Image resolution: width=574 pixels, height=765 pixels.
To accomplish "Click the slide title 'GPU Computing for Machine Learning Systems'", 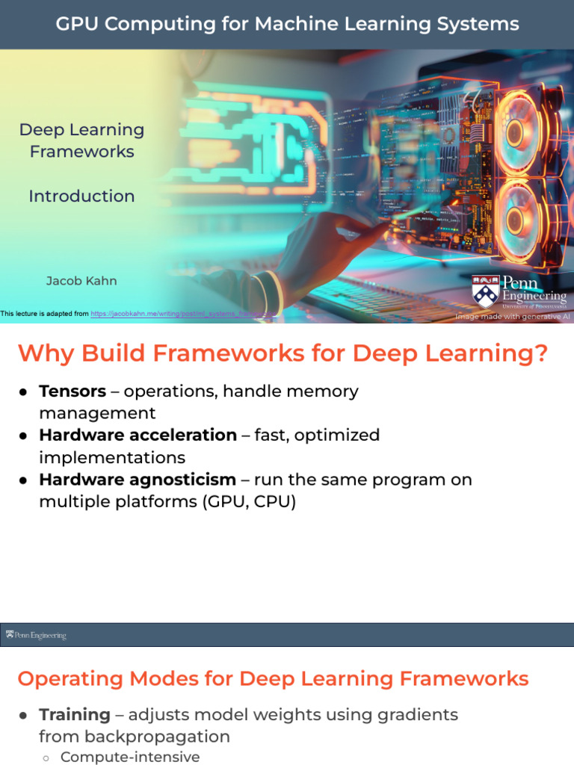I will click(287, 24).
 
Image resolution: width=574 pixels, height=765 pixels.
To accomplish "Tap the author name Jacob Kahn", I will click(81, 281).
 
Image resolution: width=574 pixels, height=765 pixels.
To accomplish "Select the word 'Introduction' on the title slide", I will click(81, 196).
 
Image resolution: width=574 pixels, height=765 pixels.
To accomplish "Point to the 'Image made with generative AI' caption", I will click(512, 317).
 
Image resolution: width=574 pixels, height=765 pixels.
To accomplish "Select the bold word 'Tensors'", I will click(72, 391).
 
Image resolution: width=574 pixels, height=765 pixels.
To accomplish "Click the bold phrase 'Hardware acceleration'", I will click(138, 435).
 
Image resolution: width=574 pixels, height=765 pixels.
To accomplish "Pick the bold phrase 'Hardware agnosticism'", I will click(138, 479).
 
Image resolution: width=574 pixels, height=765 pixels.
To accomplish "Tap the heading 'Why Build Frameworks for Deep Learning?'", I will click(283, 353).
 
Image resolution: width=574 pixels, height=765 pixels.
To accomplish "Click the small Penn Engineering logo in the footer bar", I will click(36, 635).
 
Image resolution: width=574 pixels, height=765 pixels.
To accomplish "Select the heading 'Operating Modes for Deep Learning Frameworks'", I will click(273, 678).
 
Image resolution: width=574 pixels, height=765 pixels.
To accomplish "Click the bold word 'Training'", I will click(75, 714).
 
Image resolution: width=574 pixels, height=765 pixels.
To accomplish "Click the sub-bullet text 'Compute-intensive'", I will click(130, 757).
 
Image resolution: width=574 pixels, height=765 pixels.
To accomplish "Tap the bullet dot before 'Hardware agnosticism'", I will click(24, 480).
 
